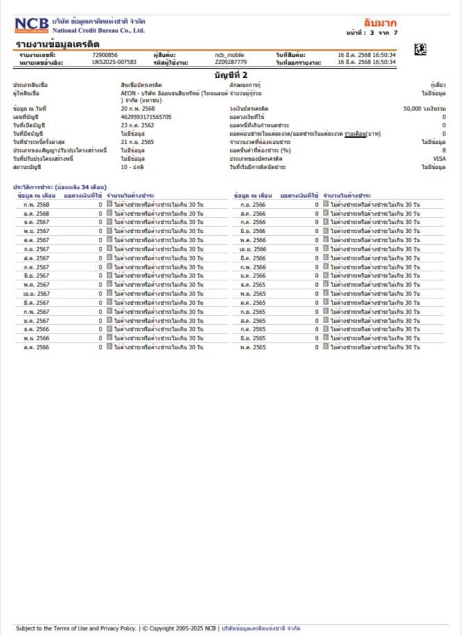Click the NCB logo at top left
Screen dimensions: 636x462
pyautogui.click(x=31, y=26)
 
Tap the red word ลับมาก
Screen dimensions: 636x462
pyautogui.click(x=380, y=23)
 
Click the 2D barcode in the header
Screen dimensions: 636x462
pyautogui.click(x=420, y=49)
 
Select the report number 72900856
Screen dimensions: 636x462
pyautogui.click(x=105, y=54)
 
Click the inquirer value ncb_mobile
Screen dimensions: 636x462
pyautogui.click(x=230, y=54)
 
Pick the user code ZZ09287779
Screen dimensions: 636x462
pyautogui.click(x=231, y=62)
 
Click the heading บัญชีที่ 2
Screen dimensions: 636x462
pyautogui.click(x=230, y=74)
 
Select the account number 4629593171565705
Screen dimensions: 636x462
pyautogui.click(x=146, y=117)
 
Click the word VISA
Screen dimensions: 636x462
pyautogui.click(x=439, y=158)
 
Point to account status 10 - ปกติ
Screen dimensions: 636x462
pyautogui.click(x=133, y=167)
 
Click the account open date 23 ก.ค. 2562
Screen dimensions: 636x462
pyautogui.click(x=136, y=125)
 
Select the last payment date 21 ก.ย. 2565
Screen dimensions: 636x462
pyautogui.click(x=136, y=141)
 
